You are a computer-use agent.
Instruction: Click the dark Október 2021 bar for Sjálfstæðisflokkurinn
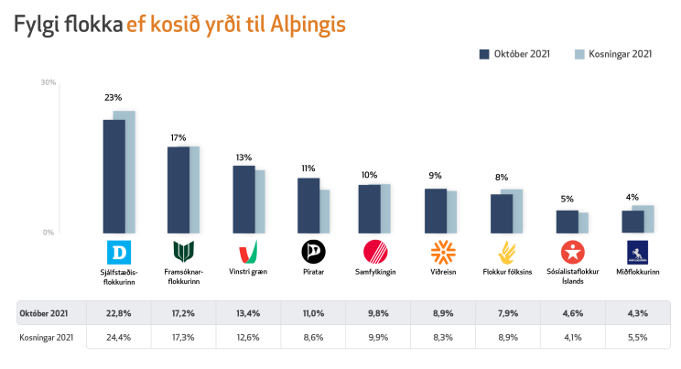tap(113, 177)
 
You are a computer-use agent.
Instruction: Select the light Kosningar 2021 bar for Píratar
tap(324, 212)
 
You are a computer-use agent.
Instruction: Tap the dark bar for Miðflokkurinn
tap(632, 222)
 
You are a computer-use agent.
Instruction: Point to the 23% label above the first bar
tap(113, 98)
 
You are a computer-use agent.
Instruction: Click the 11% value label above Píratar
tap(308, 168)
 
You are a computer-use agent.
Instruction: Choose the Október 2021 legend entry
tap(514, 54)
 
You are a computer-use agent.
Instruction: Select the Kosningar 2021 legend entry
tap(613, 54)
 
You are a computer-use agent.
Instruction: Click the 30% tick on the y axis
tap(49, 82)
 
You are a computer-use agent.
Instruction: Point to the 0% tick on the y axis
tap(49, 233)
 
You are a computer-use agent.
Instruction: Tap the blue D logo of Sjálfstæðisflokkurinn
tap(119, 252)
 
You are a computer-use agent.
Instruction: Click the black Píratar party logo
tap(314, 252)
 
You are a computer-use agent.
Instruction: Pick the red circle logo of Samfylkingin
tap(375, 252)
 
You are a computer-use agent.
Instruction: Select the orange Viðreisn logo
tap(443, 252)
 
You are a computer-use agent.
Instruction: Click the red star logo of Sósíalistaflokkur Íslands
tap(572, 252)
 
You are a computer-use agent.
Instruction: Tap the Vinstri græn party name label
tap(248, 272)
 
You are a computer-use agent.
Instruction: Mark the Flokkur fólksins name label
tap(507, 272)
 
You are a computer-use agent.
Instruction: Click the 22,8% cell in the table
tap(119, 313)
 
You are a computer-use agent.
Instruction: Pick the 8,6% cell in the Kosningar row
tap(313, 337)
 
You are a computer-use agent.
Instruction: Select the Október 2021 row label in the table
tap(44, 313)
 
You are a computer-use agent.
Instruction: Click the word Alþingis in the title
tap(308, 25)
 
